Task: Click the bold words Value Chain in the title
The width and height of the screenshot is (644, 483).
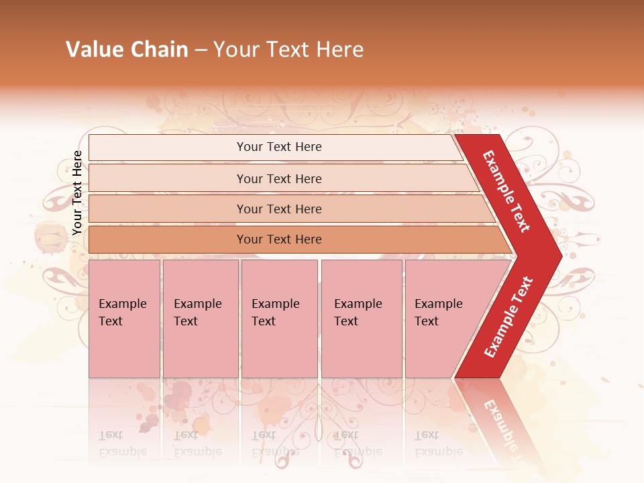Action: tap(127, 50)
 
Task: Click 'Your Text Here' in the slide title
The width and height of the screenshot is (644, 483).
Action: tap(288, 50)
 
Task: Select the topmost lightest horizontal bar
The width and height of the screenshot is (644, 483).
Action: tap(168, 148)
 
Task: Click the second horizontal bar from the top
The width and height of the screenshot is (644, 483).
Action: tap(168, 178)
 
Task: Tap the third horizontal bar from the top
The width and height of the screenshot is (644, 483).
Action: tap(168, 209)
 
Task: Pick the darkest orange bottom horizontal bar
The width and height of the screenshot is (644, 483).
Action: tap(168, 239)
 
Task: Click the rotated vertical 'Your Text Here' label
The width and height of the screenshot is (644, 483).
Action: tap(77, 193)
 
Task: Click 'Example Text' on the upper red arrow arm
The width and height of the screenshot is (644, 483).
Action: tap(507, 191)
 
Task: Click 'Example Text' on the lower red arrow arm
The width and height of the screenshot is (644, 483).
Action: tap(508, 317)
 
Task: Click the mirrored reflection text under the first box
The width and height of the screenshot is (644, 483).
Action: tap(122, 444)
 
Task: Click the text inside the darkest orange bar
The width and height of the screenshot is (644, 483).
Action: tap(279, 239)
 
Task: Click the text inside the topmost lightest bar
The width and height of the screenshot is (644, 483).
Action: tap(279, 147)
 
